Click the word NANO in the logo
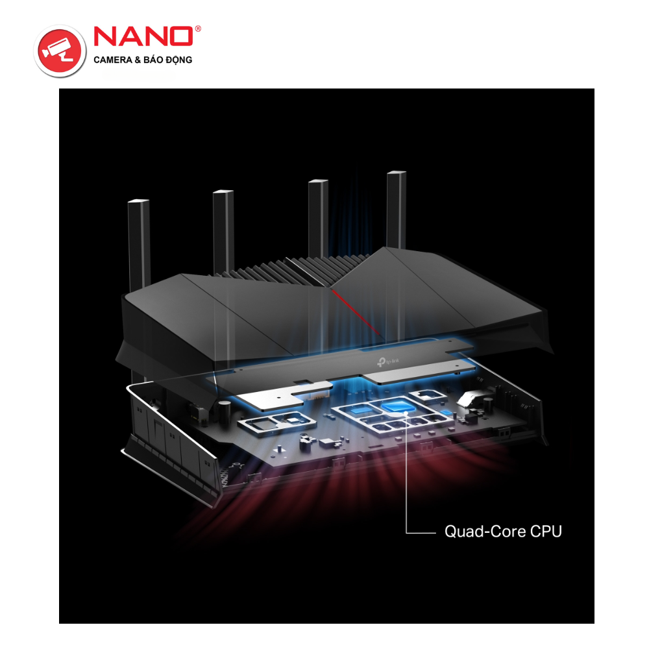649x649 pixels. coord(143,36)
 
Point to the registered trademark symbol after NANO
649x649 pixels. coord(197,30)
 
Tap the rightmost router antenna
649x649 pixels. coord(396,208)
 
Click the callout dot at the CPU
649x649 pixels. coord(406,412)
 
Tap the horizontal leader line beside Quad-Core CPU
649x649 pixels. coord(421,533)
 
